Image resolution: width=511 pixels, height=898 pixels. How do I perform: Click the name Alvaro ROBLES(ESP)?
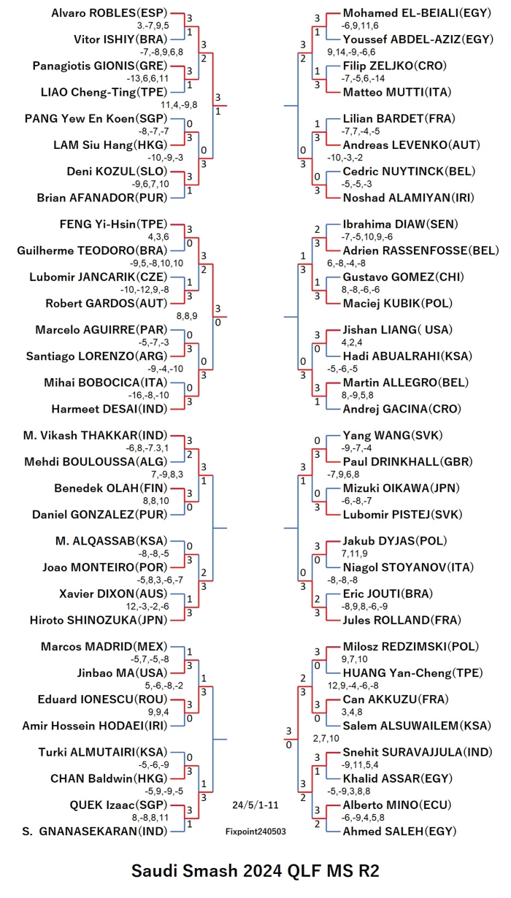click(x=109, y=13)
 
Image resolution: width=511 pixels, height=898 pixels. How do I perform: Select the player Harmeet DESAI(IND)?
click(x=109, y=409)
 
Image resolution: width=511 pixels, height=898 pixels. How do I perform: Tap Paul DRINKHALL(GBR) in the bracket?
click(x=407, y=462)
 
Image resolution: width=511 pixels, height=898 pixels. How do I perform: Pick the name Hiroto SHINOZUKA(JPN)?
click(x=99, y=620)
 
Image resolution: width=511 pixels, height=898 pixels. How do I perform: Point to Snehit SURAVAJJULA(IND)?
click(x=418, y=752)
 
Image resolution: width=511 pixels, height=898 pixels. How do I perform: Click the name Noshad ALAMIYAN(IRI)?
click(x=408, y=198)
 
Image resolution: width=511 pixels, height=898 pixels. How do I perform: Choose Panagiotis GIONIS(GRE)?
click(x=100, y=66)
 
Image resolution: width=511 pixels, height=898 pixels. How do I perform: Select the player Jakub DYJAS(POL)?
click(x=395, y=541)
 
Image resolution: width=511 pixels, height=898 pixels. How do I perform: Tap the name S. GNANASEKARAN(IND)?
click(x=95, y=832)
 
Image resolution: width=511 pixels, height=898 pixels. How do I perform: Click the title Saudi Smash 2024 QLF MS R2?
click(x=255, y=871)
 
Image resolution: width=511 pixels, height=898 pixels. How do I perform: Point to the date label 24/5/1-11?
click(x=255, y=805)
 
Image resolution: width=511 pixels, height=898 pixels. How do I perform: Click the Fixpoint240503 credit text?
click(x=255, y=832)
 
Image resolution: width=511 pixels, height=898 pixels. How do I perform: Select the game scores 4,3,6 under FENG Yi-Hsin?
click(x=158, y=237)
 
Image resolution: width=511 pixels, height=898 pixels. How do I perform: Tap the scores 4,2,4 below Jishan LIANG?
click(x=352, y=342)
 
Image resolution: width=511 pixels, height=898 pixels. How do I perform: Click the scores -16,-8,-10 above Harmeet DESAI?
click(x=149, y=395)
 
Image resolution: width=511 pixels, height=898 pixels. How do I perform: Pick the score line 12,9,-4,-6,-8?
click(x=353, y=686)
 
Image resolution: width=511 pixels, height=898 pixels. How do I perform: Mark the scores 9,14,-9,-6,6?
click(x=351, y=52)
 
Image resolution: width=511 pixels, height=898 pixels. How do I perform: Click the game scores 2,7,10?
click(x=326, y=738)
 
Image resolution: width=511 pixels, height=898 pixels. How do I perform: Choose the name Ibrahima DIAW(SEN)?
click(x=400, y=224)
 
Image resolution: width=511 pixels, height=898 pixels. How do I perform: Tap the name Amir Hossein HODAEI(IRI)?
click(x=95, y=726)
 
